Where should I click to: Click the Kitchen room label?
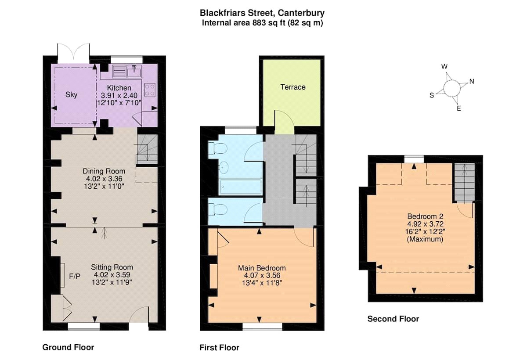[x=119, y=88]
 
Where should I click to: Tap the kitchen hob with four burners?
[x=150, y=90]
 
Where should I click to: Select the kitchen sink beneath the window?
[x=134, y=71]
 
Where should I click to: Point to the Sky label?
[x=71, y=94]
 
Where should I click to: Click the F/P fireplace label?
[x=75, y=276]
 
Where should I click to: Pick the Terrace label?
[x=293, y=87]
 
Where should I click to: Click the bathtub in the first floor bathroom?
[x=240, y=187]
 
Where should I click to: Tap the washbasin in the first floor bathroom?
[x=223, y=167]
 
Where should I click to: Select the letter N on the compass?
[x=472, y=81]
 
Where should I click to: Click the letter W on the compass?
[x=444, y=67]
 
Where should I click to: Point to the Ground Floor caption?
[x=68, y=347]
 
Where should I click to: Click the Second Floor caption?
[x=393, y=319]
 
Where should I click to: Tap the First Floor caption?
[x=219, y=347]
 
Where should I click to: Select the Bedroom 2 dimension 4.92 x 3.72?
[x=426, y=224]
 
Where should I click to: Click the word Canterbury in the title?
[x=301, y=13]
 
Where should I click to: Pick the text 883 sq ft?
[x=269, y=23]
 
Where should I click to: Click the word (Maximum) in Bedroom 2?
[x=425, y=239]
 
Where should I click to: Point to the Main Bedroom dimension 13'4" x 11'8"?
[x=262, y=283]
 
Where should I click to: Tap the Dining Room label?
[x=104, y=171]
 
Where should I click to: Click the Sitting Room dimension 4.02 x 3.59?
[x=112, y=275]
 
